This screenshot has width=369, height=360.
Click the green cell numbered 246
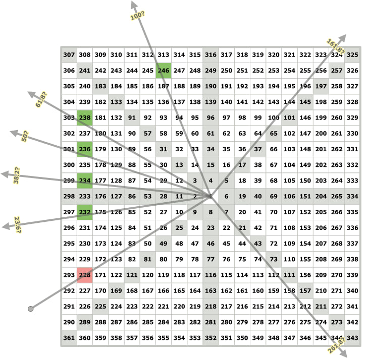pyautogui.click(x=164, y=71)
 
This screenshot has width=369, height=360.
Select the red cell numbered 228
pyautogui.click(x=85, y=275)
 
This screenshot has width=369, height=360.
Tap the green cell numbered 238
pyautogui.click(x=85, y=117)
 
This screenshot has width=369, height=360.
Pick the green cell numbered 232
pyautogui.click(x=85, y=212)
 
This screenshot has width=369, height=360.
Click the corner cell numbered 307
pyautogui.click(x=69, y=55)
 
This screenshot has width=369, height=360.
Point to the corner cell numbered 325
pyautogui.click(x=352, y=55)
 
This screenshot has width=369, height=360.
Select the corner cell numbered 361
pyautogui.click(x=69, y=337)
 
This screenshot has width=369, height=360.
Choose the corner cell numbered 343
pyautogui.click(x=352, y=337)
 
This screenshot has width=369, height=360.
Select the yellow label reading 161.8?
pyautogui.click(x=336, y=45)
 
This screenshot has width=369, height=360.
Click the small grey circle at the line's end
pyautogui.click(x=31, y=308)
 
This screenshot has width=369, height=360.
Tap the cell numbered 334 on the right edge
pyautogui.click(x=352, y=196)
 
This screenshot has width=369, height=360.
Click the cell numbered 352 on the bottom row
pyautogui.click(x=210, y=337)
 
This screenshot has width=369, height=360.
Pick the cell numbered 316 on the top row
pyautogui.click(x=210, y=55)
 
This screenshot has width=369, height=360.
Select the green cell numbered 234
pyautogui.click(x=85, y=181)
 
